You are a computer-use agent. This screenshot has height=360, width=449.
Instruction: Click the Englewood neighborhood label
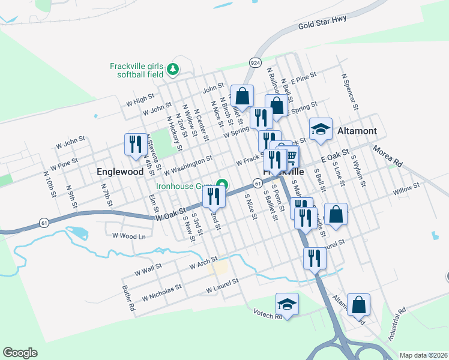(x=120, y=172)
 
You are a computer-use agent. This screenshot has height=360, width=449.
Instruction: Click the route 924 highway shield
(x=255, y=62)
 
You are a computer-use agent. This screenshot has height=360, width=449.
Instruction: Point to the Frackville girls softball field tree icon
(x=173, y=69)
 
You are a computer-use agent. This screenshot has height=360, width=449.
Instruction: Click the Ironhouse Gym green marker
(x=221, y=184)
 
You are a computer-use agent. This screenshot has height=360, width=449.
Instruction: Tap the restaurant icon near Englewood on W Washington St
(x=135, y=144)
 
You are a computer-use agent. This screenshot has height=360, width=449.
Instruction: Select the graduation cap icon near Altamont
(x=321, y=128)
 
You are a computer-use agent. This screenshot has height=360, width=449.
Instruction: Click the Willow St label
(x=406, y=190)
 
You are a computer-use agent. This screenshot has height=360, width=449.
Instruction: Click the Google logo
(x=20, y=353)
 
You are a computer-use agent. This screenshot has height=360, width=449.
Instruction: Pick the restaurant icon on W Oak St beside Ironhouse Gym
(x=214, y=196)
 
